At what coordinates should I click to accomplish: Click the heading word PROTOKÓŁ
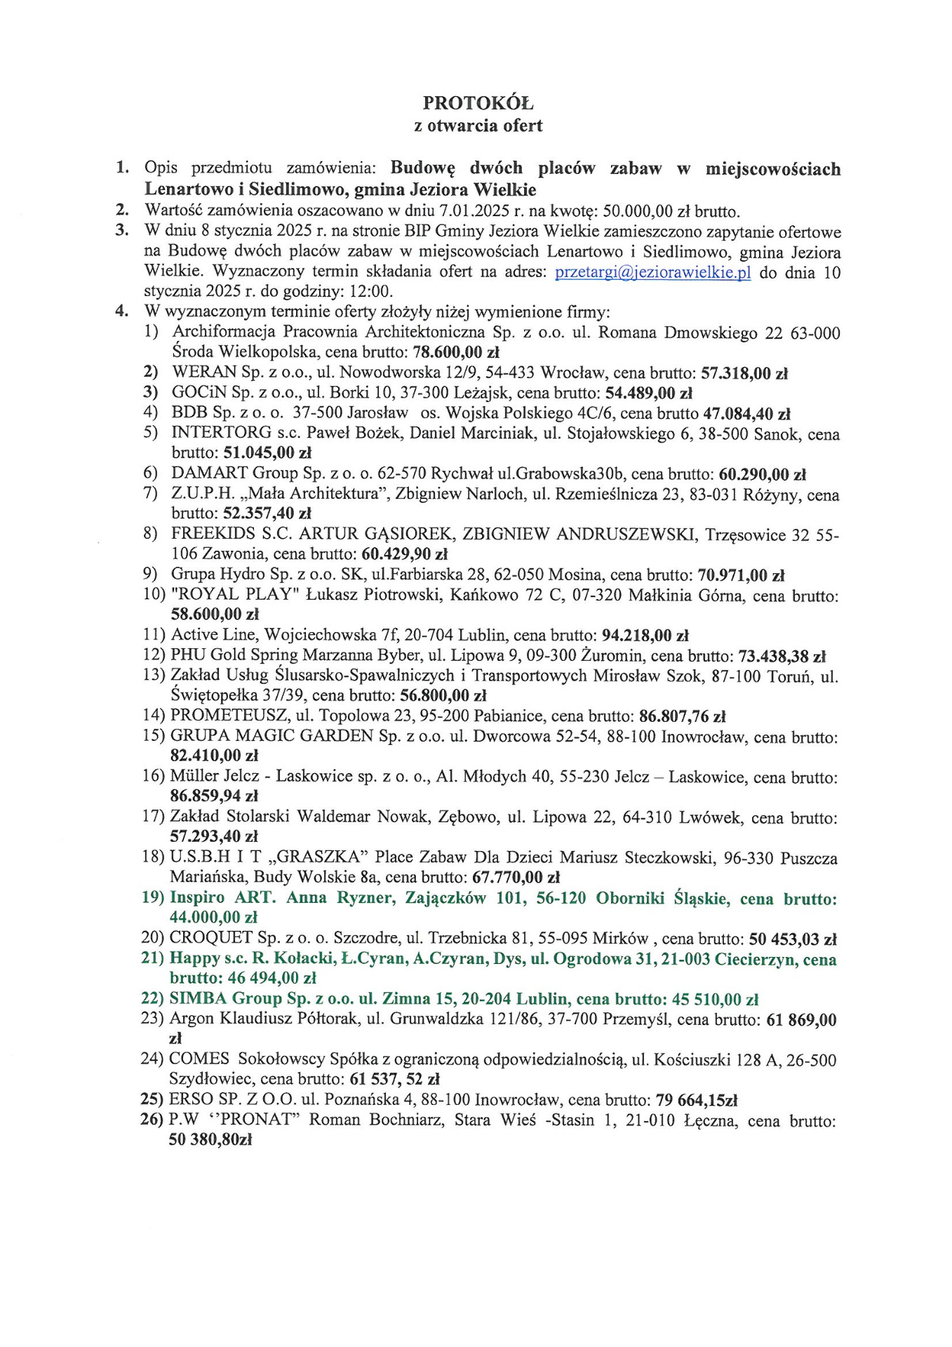tap(478, 103)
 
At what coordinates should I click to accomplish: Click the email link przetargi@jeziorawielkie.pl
tap(652, 272)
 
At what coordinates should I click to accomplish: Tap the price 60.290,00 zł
tap(762, 474)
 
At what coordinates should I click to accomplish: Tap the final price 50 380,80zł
tap(210, 1140)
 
